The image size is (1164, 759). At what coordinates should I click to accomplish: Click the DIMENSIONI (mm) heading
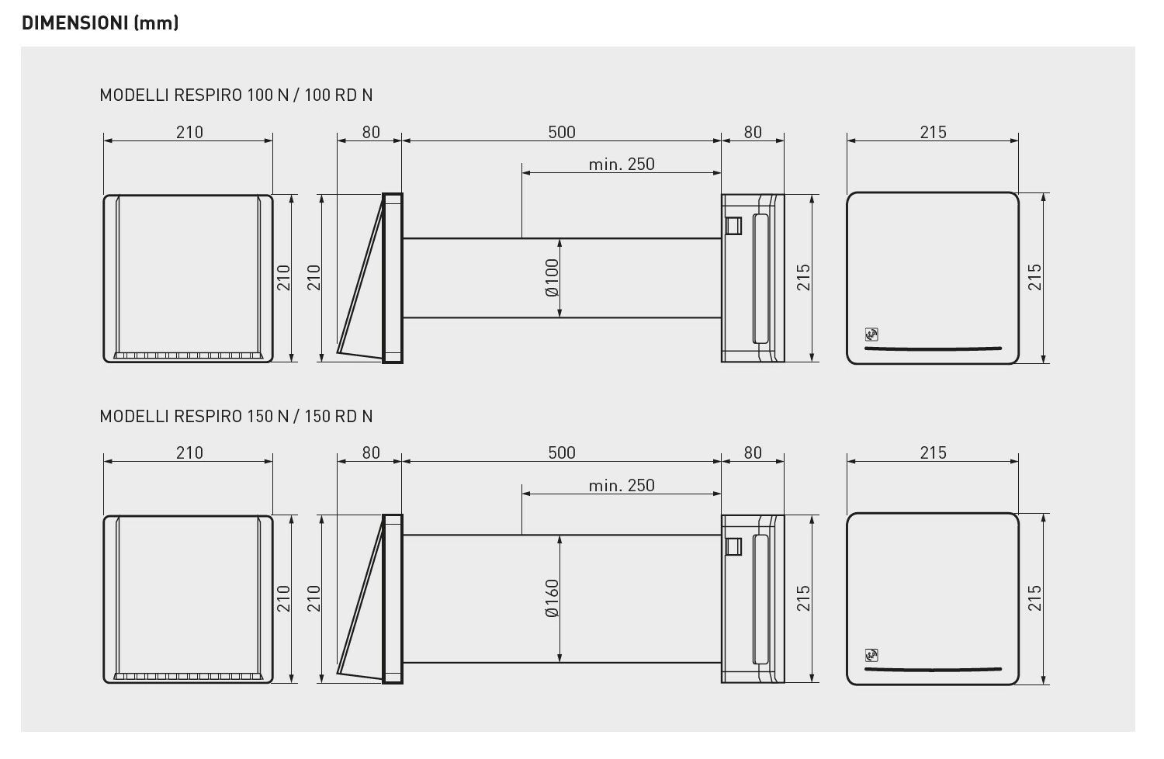[x=100, y=23]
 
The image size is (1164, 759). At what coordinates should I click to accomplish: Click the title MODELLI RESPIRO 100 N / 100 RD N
[x=236, y=95]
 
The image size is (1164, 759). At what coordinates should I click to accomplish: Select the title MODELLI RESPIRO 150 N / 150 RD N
[x=236, y=416]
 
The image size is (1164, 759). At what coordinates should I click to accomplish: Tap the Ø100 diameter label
[x=552, y=278]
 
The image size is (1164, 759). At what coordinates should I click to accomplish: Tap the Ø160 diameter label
[x=552, y=598]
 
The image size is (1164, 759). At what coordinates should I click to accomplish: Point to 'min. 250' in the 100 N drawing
[x=621, y=165]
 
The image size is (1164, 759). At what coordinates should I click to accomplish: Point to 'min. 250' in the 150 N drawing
[x=621, y=486]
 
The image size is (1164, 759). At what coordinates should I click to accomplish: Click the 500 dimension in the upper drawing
[x=562, y=132]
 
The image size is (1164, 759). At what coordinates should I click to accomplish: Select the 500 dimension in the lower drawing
[x=562, y=453]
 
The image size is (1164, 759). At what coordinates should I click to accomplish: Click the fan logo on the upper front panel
[x=871, y=335]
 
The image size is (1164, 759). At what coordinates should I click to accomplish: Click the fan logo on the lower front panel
[x=871, y=656]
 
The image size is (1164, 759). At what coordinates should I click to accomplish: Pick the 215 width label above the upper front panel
[x=933, y=133]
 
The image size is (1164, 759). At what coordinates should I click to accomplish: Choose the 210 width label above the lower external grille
[x=189, y=453]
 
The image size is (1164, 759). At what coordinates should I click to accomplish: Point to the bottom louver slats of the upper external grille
[x=188, y=356]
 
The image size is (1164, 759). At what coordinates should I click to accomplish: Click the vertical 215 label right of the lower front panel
[x=1035, y=598]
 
